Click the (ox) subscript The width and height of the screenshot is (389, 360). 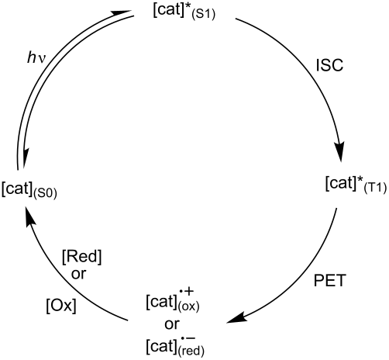point(188,305)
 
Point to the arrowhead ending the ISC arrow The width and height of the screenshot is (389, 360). point(341,152)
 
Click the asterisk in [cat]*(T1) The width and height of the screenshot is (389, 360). point(357,180)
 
